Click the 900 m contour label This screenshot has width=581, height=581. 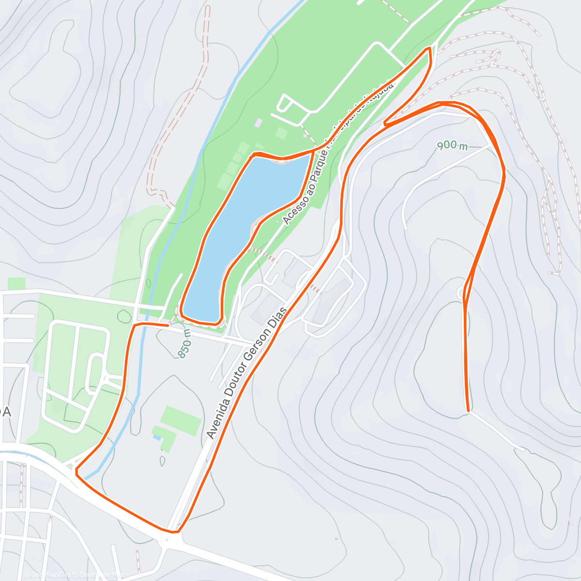tap(452, 145)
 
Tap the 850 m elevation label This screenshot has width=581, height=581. tap(185, 344)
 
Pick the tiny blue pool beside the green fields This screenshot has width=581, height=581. tap(157, 437)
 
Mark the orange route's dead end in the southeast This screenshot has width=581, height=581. tap(468, 411)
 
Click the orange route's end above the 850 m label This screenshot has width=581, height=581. tap(168, 325)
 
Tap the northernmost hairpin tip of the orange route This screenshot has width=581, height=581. tap(428, 49)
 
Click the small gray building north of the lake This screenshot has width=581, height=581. tap(258, 123)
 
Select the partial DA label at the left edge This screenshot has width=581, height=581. tap(5, 412)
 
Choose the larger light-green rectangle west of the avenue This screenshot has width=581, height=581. tap(181, 420)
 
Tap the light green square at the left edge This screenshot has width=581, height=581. tap(16, 284)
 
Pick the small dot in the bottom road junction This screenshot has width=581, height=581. tap(166, 539)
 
